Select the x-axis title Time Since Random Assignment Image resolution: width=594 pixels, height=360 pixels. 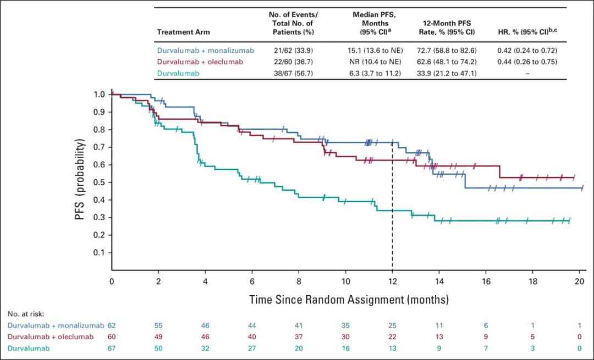[349, 300]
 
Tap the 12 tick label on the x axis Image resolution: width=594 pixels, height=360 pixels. [392, 281]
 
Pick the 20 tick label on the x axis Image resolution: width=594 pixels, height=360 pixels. [579, 281]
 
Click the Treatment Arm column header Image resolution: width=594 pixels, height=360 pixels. [183, 32]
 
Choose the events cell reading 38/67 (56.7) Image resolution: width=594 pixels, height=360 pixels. [293, 73]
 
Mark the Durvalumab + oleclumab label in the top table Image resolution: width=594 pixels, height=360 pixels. [200, 62]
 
